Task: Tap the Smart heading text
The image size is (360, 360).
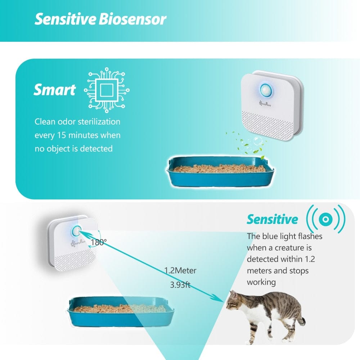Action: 55,90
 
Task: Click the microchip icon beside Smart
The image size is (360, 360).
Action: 107,90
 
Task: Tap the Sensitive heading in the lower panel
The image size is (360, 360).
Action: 272,219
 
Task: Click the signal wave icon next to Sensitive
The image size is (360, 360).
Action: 325,219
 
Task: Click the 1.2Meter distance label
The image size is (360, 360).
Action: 180,270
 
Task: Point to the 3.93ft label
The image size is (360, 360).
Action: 180,285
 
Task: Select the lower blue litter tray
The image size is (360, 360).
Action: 121,311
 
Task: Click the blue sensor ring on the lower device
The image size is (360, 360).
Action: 77,230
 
